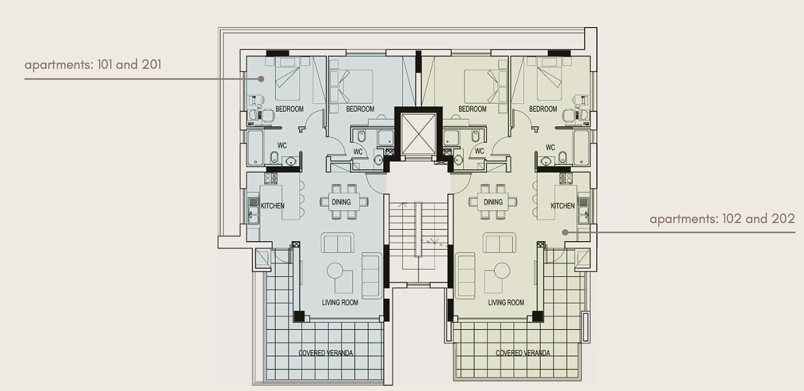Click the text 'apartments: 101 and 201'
pos(93,65)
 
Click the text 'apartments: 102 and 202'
pos(722,219)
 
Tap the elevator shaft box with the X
pos(418,134)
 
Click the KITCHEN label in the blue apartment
pos(272,206)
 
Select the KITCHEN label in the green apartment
pos(562,206)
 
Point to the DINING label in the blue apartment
pos(341,202)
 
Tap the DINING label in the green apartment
pos(493,202)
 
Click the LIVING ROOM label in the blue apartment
pos(340,302)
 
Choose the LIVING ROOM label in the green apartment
pos(506,302)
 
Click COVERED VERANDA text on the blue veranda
pos(326,353)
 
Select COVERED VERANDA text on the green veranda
pos(522,353)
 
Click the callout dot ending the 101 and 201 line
pos(262,79)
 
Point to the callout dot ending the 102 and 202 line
pos(565,232)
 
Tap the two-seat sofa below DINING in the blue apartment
pos(337,243)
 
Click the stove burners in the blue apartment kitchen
pos(271,178)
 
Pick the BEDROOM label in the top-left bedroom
pos(290,109)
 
